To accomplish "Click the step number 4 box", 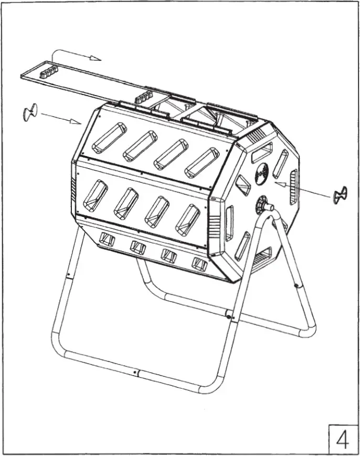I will coord(342,437).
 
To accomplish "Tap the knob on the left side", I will coord(30,112).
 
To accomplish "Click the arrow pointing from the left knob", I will coord(60,118).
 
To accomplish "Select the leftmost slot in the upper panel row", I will coord(109,137).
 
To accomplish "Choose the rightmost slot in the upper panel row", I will coord(202,162).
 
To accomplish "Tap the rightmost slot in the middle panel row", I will coord(187,219).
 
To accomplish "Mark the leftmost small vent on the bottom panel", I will coord(107,240).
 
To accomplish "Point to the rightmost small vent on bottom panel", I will coord(199,264).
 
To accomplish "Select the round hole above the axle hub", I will coord(262,174).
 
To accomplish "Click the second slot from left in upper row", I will coord(140,145).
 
